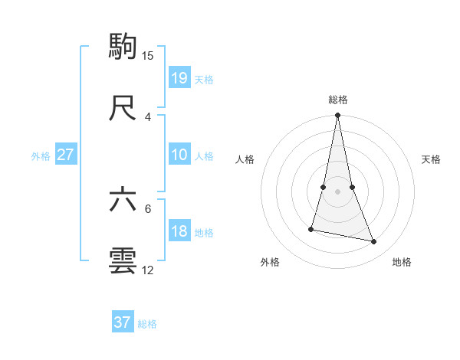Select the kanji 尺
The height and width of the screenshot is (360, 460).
tap(123, 108)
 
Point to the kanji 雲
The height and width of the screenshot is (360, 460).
tap(123, 261)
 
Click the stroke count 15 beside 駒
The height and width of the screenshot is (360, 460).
tap(148, 55)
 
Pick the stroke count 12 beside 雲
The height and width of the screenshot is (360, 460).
tap(148, 270)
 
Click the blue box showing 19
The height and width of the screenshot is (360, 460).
tap(179, 77)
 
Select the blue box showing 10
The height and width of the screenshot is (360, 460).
tap(179, 155)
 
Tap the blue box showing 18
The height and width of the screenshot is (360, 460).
tap(179, 231)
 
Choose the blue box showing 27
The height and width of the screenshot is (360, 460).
tap(66, 155)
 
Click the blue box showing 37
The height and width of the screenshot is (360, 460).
tap(123, 322)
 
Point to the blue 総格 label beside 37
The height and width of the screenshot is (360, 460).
tap(147, 324)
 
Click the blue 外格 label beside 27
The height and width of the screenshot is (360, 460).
tap(41, 156)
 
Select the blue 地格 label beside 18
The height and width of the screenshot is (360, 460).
tap(204, 233)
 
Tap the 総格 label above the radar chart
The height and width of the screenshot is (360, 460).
tap(338, 100)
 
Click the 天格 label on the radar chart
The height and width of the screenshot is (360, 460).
tap(432, 159)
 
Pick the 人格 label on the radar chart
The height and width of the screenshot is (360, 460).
tap(245, 159)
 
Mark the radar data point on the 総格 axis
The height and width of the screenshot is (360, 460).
tap(337, 116)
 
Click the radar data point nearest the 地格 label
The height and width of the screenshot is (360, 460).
tap(374, 242)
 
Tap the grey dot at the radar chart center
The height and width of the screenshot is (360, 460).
tap(337, 191)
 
